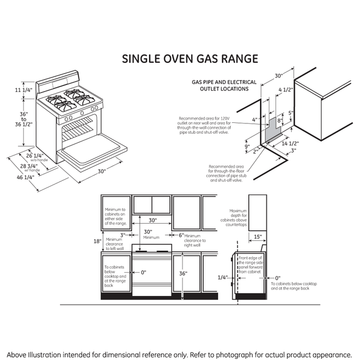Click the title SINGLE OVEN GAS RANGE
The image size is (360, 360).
[189, 58]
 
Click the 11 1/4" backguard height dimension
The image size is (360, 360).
[24, 90]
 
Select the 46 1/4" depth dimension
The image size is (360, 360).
[25, 177]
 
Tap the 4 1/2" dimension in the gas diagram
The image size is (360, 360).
[285, 90]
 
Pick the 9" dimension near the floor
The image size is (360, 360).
[246, 146]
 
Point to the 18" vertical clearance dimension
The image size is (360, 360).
[97, 241]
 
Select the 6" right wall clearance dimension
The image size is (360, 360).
[181, 235]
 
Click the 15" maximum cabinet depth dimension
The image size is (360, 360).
[257, 237]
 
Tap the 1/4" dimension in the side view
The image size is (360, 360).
[222, 278]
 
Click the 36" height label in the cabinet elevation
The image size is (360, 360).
[184, 274]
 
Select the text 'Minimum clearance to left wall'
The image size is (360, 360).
[114, 244]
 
